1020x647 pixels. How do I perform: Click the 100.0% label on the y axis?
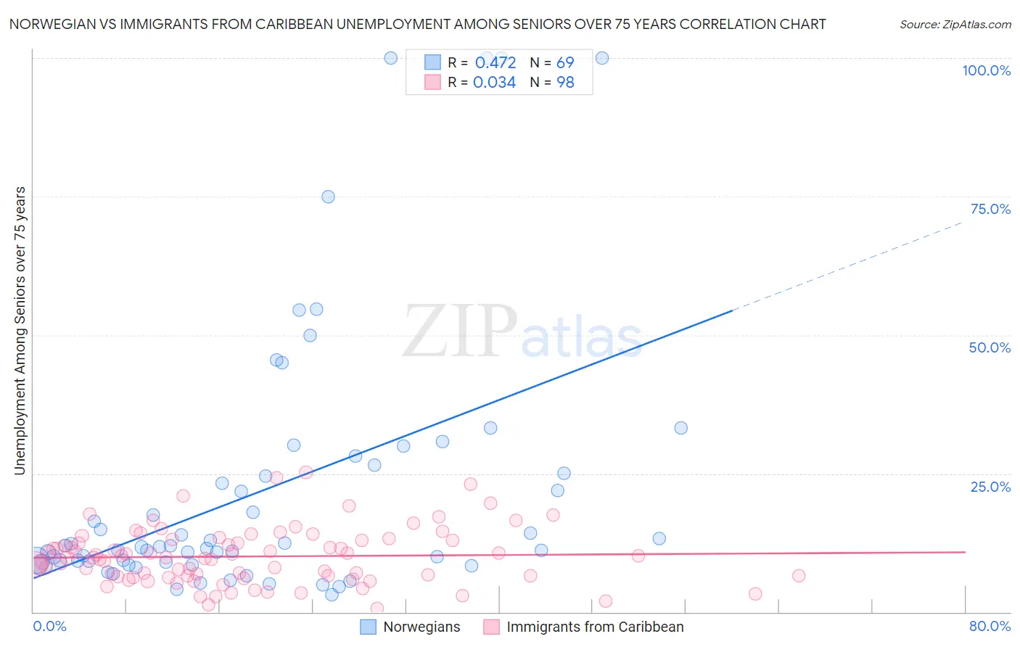986,70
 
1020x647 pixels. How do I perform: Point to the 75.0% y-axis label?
990,209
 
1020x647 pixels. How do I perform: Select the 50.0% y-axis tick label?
990,347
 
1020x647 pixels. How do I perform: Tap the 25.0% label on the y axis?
990,487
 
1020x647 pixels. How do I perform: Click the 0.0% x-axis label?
49,626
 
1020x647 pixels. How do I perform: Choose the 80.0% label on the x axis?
990,626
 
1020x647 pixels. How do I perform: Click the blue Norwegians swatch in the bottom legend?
369,627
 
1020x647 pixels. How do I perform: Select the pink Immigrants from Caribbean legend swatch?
492,627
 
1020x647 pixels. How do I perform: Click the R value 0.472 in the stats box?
495,62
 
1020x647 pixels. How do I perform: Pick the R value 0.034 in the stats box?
494,83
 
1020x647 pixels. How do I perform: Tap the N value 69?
565,62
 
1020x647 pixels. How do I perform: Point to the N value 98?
565,83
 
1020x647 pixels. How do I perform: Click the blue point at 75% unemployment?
328,197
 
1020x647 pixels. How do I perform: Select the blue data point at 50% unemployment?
310,335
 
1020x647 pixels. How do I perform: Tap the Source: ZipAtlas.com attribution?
955,24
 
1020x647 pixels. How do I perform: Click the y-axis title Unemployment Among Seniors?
20,331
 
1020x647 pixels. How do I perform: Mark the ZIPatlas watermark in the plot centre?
522,331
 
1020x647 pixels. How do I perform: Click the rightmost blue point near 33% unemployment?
680,428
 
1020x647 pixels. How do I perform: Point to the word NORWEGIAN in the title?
53,24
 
